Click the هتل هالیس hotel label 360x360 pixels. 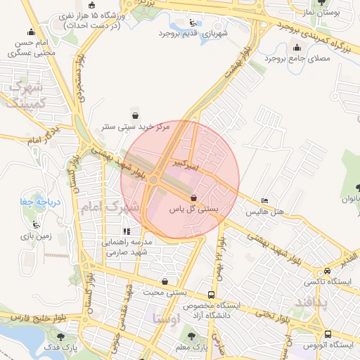click(266, 212)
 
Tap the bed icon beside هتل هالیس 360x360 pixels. click(264, 200)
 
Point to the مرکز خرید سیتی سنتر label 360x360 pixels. click(134, 127)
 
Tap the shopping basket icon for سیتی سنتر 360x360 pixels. click(135, 115)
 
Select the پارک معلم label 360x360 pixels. click(193, 347)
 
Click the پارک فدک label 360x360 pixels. click(64, 347)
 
